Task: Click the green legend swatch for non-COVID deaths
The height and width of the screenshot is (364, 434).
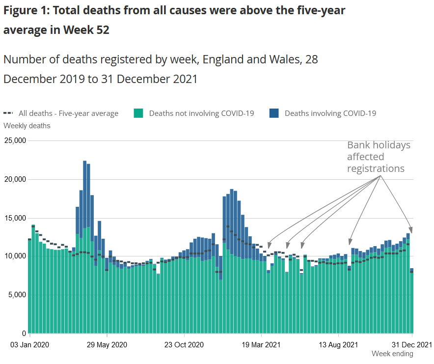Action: (139, 113)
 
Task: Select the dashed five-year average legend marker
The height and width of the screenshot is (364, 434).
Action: (9, 113)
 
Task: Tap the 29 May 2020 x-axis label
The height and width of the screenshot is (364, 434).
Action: (107, 345)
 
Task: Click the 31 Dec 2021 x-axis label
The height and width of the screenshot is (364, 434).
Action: (411, 345)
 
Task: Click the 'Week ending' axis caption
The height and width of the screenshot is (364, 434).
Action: (392, 354)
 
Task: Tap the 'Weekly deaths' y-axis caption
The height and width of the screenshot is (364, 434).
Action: (27, 126)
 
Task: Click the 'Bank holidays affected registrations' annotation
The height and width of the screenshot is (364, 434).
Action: (378, 157)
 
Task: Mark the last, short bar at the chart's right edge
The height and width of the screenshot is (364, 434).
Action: (411, 301)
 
